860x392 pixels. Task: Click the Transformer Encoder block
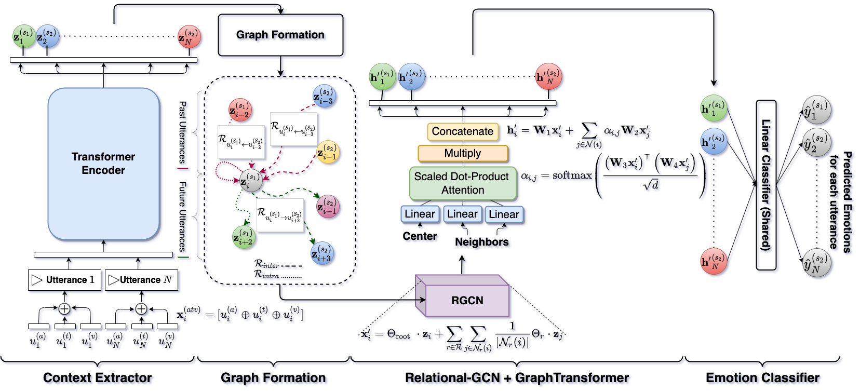(x=103, y=164)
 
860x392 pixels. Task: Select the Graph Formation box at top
(x=280, y=35)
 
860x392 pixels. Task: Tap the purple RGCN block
(x=467, y=300)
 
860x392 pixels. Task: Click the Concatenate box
(x=462, y=131)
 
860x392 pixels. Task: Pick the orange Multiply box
(x=462, y=153)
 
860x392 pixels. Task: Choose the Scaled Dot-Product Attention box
(x=462, y=183)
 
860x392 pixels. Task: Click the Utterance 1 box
(x=64, y=280)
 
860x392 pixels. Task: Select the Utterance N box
(x=141, y=280)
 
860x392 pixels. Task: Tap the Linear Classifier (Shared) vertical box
(x=765, y=185)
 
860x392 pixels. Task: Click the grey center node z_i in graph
(x=251, y=180)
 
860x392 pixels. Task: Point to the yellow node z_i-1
(x=327, y=152)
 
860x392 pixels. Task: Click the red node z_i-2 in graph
(x=240, y=110)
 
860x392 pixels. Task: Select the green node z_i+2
(x=243, y=237)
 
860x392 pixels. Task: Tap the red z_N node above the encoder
(x=189, y=37)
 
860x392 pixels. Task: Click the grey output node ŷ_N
(x=816, y=263)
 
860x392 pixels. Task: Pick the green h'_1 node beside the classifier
(x=714, y=108)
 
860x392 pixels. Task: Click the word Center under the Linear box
(x=420, y=236)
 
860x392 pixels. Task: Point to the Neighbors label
(x=481, y=242)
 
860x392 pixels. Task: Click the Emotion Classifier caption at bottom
(x=762, y=377)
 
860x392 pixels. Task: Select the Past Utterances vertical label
(x=182, y=132)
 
